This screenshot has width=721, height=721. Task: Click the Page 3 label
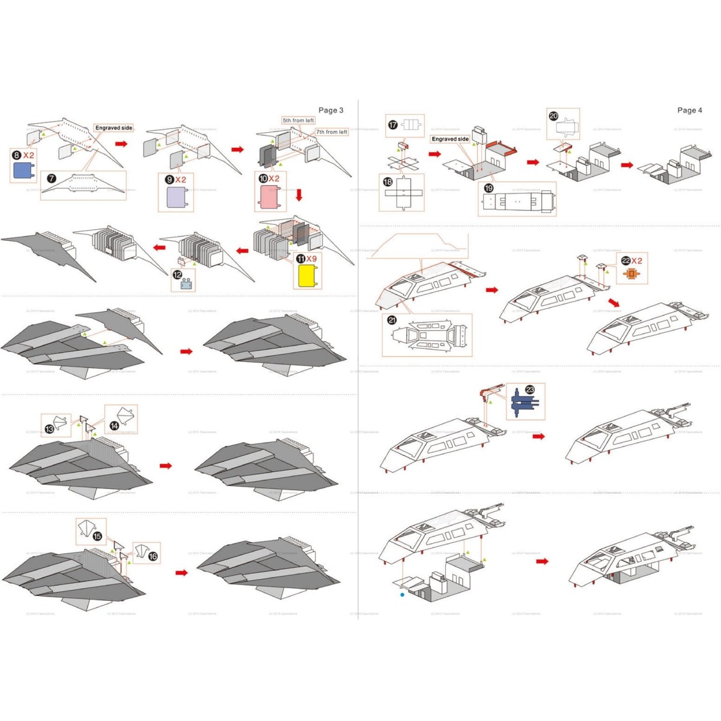(x=330, y=110)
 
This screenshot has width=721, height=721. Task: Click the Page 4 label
(x=689, y=110)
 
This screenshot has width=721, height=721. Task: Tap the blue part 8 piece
(x=24, y=171)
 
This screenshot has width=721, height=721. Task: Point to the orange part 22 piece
(x=631, y=273)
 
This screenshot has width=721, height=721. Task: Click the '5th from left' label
(x=298, y=121)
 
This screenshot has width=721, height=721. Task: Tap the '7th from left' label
(x=332, y=132)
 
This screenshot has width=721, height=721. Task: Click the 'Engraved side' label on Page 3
(x=114, y=128)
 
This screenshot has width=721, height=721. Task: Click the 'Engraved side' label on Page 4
(x=450, y=139)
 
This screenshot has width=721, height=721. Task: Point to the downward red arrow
(x=299, y=195)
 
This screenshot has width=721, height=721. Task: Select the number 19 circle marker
(x=488, y=188)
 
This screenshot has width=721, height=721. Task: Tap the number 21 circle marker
(x=392, y=320)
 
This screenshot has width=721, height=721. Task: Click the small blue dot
(x=402, y=595)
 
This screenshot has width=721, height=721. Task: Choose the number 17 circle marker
(x=393, y=124)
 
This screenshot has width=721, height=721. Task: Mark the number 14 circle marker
(x=114, y=425)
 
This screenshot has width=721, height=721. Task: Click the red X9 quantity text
(x=311, y=259)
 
